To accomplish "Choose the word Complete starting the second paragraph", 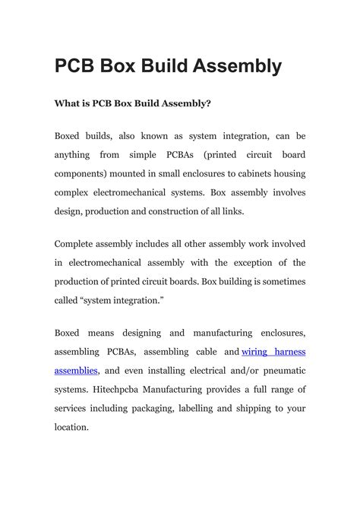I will [79, 244].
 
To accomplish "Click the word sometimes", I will [278, 281].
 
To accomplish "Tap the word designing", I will [136, 333].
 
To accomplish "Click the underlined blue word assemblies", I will [76, 370].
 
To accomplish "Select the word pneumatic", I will [277, 370].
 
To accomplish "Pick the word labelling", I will [215, 408].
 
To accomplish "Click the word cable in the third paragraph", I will [205, 352].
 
